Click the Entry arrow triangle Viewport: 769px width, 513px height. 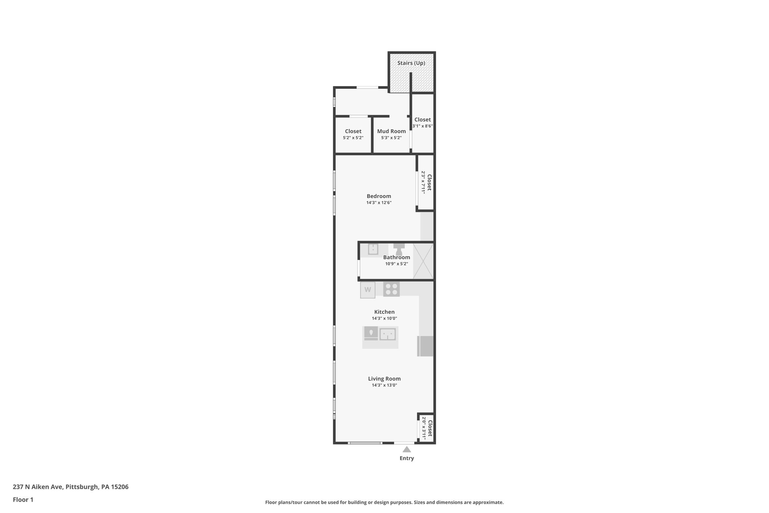pos(407,449)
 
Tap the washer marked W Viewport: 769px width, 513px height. pos(368,290)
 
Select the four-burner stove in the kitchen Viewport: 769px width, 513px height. pos(391,289)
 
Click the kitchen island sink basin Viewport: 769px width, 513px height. pos(388,334)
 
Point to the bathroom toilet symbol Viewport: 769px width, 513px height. pos(399,249)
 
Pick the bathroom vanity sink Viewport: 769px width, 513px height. pos(373,249)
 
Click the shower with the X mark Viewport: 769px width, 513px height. pos(423,261)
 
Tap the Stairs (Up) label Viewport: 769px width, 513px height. pos(411,63)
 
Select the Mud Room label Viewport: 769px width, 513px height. pos(391,131)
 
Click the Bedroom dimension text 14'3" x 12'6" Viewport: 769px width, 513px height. pos(379,203)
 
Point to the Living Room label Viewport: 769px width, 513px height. pos(384,379)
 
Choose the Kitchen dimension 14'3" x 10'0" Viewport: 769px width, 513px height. pos(384,318)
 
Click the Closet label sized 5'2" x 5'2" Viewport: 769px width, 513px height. pos(353,131)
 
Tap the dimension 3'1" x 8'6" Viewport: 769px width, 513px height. pos(422,126)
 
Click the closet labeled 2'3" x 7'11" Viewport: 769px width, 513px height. pos(426,182)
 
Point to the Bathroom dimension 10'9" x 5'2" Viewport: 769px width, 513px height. pos(396,264)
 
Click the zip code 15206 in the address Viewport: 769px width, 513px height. pos(120,487)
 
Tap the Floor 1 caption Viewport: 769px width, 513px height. pos(23,500)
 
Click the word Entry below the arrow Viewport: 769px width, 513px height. pos(407,459)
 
